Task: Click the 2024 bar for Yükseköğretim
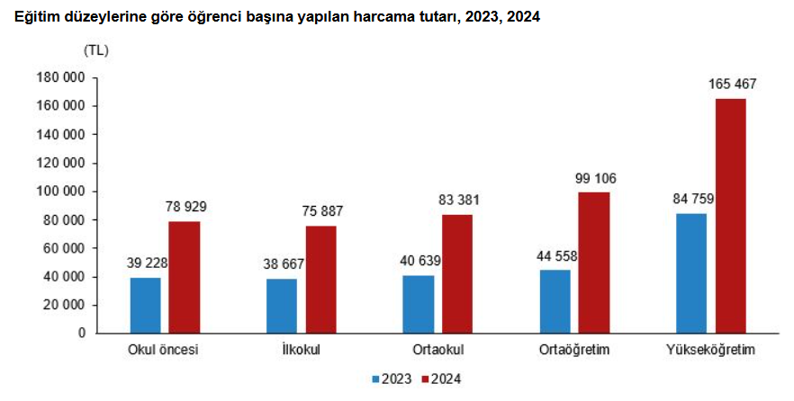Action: pyautogui.click(x=730, y=215)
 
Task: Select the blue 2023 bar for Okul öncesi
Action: pyautogui.click(x=145, y=305)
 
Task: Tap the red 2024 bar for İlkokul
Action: pyautogui.click(x=321, y=279)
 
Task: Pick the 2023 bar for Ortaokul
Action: pyautogui.click(x=419, y=304)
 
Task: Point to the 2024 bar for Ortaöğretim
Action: pyautogui.click(x=593, y=262)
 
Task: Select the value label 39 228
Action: pyautogui.click(x=148, y=263)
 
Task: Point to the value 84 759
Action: pyautogui.click(x=690, y=199)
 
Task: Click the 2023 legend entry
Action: pyautogui.click(x=393, y=379)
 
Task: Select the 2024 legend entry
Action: pyautogui.click(x=441, y=379)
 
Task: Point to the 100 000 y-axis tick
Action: pyautogui.click(x=63, y=192)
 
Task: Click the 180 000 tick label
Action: pyautogui.click(x=63, y=78)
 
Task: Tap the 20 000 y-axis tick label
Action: pyautogui.click(x=67, y=305)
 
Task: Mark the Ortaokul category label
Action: pyautogui.click(x=438, y=349)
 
